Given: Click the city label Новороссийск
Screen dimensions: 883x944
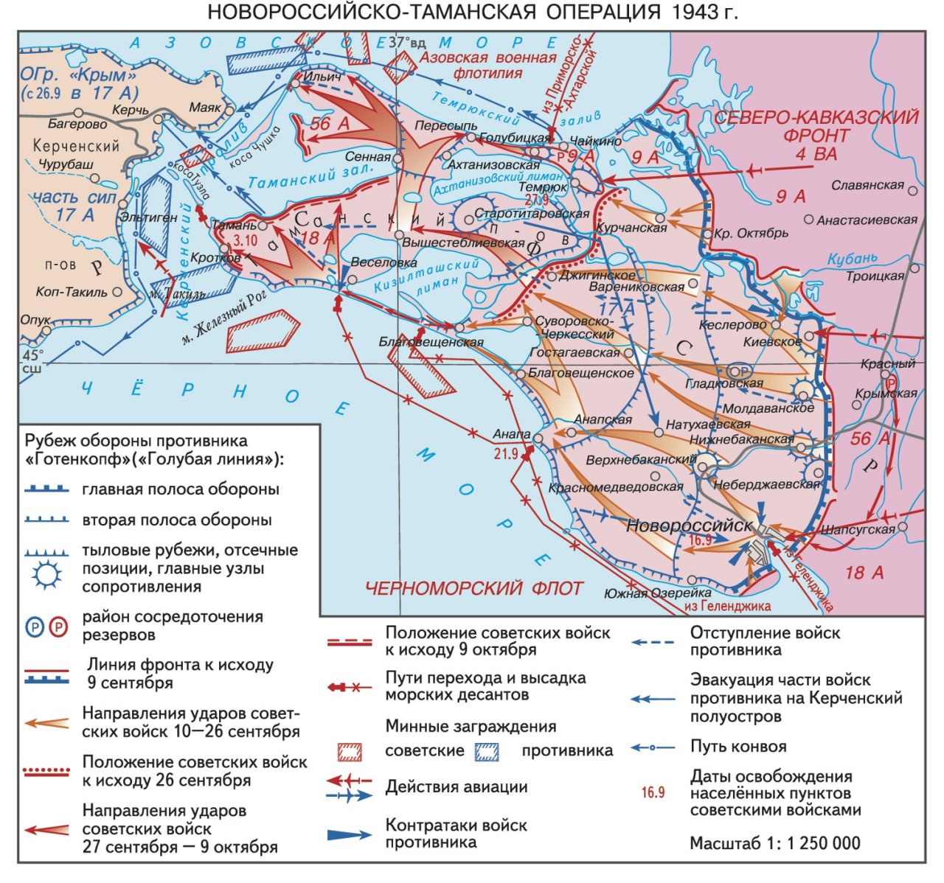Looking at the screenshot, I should pos(689,526).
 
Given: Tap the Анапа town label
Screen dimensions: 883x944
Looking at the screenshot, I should pos(511,435).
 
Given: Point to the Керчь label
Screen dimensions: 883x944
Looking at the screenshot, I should pos(131,111).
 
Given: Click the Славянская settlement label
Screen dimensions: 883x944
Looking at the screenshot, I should pos(867,185).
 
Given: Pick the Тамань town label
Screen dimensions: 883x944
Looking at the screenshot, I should pos(235,226).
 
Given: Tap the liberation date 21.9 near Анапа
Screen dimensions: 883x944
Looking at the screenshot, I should pos(506,454).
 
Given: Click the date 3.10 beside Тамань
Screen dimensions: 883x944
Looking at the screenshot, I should pos(245,240).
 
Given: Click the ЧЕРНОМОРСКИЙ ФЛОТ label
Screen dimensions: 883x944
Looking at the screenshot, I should pos(473,588).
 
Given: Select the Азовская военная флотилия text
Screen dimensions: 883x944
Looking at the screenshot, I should pos(487,65).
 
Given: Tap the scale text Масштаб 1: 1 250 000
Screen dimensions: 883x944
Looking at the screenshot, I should pos(774,843).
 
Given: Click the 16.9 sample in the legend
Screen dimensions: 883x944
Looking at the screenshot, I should pos(653,792).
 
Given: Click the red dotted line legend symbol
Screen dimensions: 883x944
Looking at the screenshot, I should pos(47,771).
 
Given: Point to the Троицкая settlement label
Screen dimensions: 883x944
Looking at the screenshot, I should pos(875,276).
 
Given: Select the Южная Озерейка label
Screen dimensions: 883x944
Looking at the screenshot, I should pos(657,593).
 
